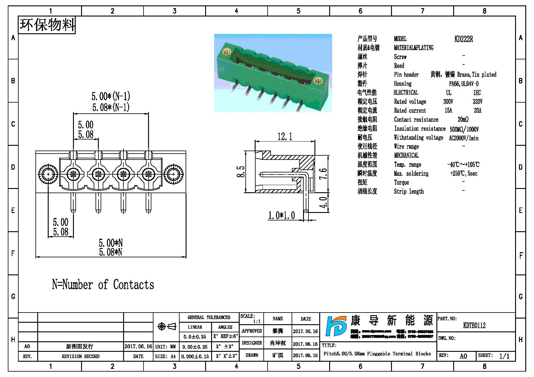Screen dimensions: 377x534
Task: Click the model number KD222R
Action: (463, 39)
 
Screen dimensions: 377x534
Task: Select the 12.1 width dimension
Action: (284, 137)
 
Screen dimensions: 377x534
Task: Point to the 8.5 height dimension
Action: (241, 172)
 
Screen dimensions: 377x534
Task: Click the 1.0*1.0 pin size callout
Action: (281, 215)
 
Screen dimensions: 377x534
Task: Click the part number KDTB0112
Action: (474, 325)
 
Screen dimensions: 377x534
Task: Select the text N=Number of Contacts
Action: (103, 285)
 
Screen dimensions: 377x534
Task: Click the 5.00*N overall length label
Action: (111, 243)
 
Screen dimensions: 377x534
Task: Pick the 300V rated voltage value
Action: (448, 102)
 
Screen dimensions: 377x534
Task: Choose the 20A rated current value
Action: (477, 111)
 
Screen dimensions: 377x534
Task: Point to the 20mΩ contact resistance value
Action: (463, 120)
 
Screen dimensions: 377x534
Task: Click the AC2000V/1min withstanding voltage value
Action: (463, 138)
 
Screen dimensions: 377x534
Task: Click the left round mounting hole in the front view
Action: (48, 174)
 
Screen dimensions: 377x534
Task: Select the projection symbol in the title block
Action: (167, 326)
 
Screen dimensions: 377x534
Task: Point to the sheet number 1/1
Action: (504, 356)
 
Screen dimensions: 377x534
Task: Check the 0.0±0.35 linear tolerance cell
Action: (195, 337)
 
